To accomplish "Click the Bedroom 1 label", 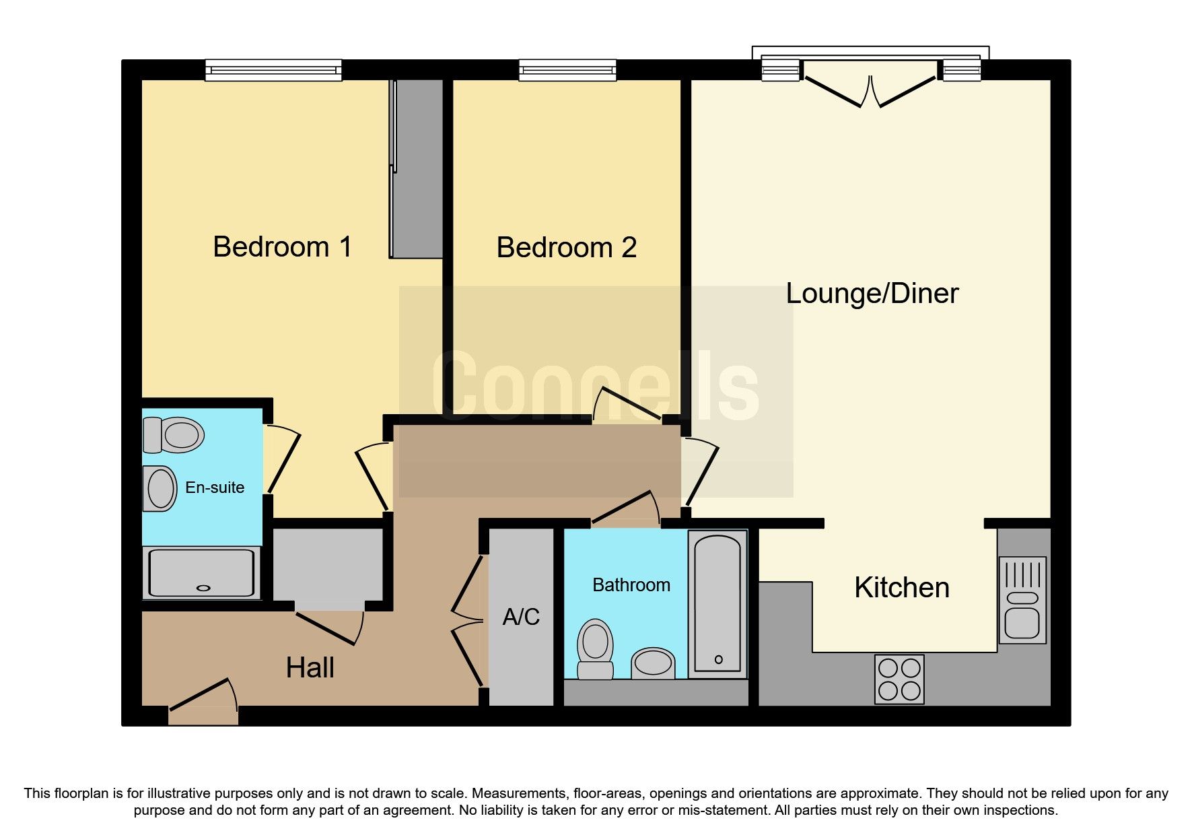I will click(282, 247).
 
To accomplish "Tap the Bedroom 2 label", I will click(566, 248).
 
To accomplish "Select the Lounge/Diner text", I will click(872, 294).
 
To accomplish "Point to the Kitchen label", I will click(901, 588).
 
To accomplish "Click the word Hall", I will click(310, 668).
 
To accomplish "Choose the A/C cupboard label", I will click(521, 617).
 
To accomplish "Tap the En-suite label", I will click(215, 488).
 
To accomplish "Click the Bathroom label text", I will click(631, 585).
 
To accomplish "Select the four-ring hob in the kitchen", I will click(899, 679).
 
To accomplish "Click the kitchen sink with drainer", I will click(1022, 599).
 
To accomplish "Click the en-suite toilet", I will click(174, 435).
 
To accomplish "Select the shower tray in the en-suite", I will click(202, 573).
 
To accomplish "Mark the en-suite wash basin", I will click(160, 489).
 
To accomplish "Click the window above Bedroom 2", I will click(567, 70).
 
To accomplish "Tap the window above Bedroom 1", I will click(273, 70).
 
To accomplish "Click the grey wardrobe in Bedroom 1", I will click(417, 168).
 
